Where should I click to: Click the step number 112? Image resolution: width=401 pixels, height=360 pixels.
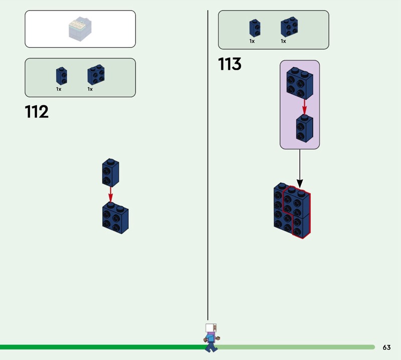[x=37, y=111]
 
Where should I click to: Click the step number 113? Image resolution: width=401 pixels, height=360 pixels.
[x=230, y=64]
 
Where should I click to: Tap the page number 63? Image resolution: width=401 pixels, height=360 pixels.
[x=386, y=347]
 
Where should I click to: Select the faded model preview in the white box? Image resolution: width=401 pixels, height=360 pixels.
[x=80, y=29]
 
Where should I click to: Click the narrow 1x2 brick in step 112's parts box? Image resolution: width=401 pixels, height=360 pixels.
[x=62, y=76]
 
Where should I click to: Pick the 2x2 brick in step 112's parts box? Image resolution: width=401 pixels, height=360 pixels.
[x=96, y=75]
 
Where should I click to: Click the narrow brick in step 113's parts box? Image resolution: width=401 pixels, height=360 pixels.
[x=255, y=28]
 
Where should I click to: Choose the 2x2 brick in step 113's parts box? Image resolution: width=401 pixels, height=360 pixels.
[x=289, y=27]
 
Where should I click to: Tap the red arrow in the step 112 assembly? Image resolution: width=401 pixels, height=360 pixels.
[x=110, y=195]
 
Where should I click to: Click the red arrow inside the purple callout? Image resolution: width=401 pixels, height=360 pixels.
[x=304, y=107]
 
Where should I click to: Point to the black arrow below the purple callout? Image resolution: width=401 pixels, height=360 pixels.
[x=300, y=169]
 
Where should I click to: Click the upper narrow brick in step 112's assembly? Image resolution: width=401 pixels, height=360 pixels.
[x=110, y=172]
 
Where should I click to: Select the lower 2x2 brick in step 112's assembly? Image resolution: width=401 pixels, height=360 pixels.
[x=115, y=218]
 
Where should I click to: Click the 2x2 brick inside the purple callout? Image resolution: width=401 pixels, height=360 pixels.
[x=300, y=83]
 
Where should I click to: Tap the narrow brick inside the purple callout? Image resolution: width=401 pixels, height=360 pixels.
[x=305, y=128]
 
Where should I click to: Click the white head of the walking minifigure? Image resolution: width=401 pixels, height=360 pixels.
[x=211, y=328]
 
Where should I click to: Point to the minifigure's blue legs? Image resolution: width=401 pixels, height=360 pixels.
[x=211, y=347]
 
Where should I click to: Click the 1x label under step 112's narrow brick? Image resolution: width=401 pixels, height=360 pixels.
[x=59, y=89]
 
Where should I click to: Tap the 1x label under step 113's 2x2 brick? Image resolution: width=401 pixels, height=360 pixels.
[x=283, y=41]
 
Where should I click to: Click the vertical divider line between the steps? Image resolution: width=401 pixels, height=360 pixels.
[x=208, y=165]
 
